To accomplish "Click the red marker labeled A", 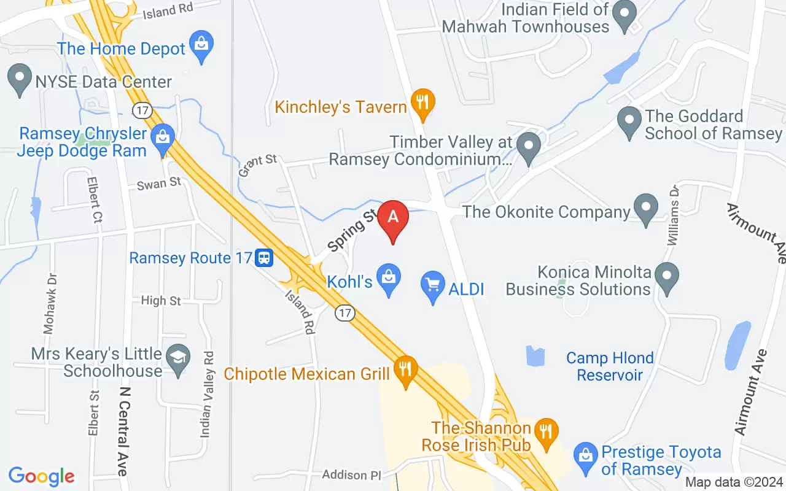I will point(393,218).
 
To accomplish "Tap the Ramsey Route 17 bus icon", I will point(265,257).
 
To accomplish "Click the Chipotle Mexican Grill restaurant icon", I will point(405,368).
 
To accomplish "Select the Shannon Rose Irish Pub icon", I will point(544,429).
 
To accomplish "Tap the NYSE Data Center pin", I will point(19,78).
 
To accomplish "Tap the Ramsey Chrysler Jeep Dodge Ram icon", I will point(163,136).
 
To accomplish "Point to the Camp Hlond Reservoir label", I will point(610,366).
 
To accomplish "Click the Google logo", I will point(42,476).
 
